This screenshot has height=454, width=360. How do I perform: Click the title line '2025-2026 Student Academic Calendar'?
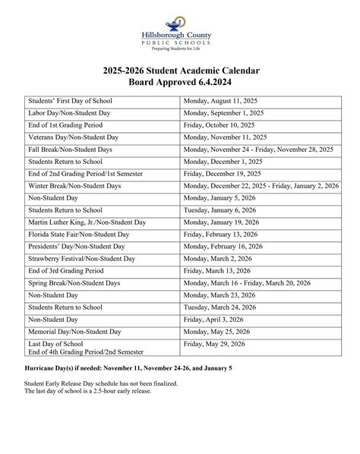coord(182,71)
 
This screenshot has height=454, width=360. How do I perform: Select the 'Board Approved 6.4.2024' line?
coord(182,83)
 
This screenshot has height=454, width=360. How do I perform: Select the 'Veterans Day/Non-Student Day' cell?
coord(74,137)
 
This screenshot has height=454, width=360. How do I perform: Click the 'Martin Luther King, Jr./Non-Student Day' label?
coord(87,222)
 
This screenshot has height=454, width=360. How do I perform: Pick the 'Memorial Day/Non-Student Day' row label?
coord(74,332)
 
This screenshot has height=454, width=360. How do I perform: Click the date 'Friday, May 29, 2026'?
coord(218,344)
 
